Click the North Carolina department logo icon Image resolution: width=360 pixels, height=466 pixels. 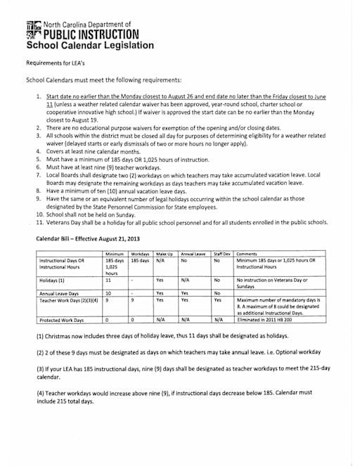click(x=34, y=30)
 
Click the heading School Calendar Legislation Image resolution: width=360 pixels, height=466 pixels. click(x=89, y=46)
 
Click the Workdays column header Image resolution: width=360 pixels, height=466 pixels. click(x=141, y=252)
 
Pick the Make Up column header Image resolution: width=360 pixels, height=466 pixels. click(x=164, y=252)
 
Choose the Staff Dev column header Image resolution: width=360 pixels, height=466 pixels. click(x=222, y=252)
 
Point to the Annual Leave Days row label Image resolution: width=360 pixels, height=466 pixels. click(x=58, y=293)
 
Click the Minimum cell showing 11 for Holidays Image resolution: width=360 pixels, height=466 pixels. click(x=108, y=278)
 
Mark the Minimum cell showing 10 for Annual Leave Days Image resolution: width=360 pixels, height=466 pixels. click(x=108, y=293)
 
